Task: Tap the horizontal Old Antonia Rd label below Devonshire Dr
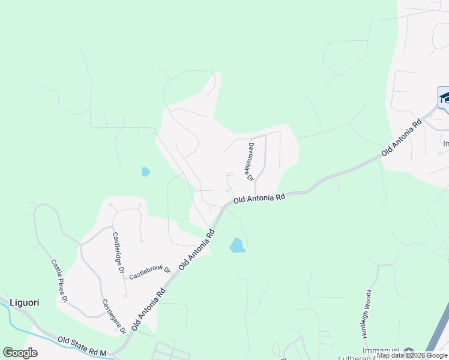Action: (259, 197)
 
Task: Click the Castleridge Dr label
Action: (118, 253)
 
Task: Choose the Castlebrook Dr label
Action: (150, 273)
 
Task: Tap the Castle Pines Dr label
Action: (60, 280)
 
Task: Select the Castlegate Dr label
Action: (113, 316)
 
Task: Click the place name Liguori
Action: (24, 302)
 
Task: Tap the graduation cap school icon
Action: (444, 97)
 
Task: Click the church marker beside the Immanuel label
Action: (410, 352)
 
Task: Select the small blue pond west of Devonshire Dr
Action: (145, 172)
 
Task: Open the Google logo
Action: (20, 353)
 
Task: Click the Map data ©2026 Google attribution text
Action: (412, 356)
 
